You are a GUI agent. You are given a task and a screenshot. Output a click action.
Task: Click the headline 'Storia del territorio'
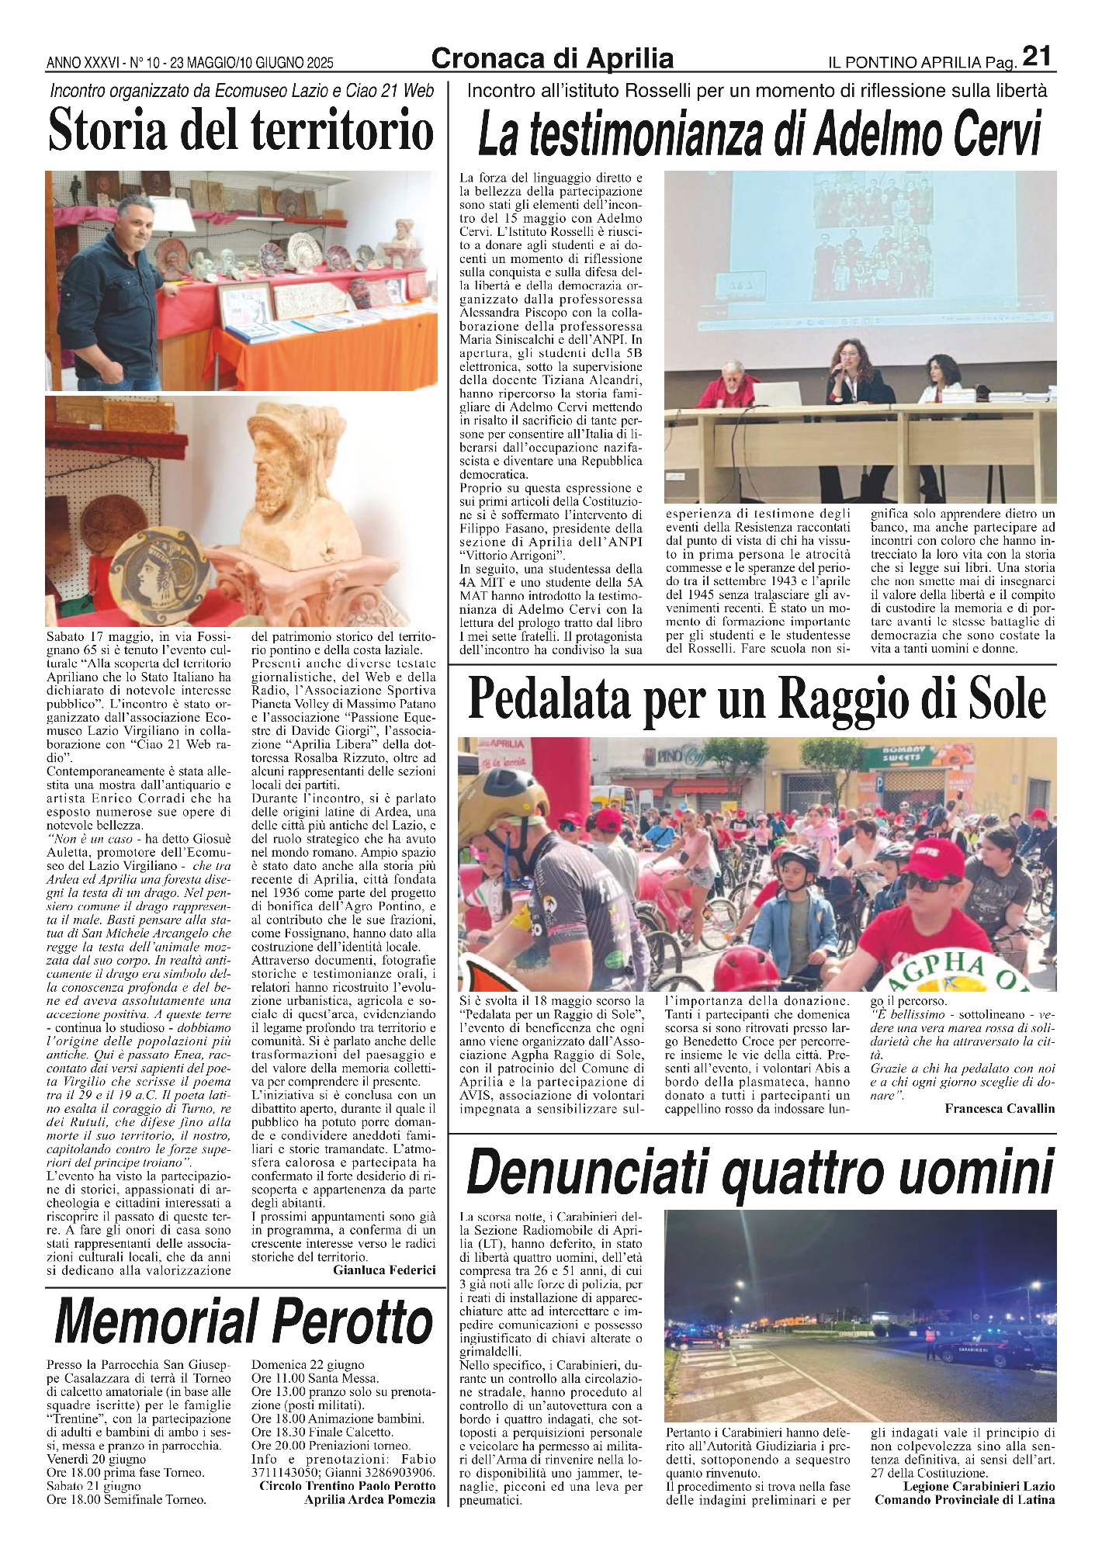pos(241,130)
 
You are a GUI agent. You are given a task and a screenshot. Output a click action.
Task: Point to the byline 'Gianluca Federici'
pos(384,1270)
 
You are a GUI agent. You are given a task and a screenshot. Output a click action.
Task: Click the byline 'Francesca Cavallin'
pos(1000,1108)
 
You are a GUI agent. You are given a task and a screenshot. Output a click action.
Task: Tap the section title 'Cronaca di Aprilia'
pos(552,58)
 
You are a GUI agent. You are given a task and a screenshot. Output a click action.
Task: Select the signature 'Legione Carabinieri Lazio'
pos(979,1486)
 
